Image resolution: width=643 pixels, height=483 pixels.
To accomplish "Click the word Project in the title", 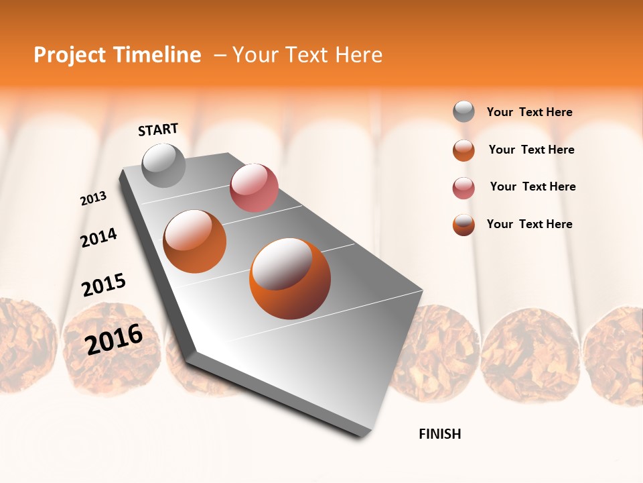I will click(70, 55).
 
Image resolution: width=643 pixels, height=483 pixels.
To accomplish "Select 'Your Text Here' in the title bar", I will click(307, 55).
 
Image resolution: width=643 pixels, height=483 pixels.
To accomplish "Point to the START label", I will click(158, 129).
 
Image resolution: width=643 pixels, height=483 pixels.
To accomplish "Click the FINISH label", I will click(440, 434).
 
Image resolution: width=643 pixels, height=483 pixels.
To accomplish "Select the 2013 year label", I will click(93, 199).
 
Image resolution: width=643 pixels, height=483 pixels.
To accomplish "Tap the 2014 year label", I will click(98, 237).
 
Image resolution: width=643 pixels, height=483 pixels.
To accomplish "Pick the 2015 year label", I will click(104, 285).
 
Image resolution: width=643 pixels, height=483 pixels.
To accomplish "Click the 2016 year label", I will click(114, 339).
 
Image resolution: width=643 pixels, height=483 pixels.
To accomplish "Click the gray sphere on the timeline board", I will click(163, 166).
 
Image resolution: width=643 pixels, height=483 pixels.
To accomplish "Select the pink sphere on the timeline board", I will click(254, 188).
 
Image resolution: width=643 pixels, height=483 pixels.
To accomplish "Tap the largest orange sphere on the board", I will click(290, 278).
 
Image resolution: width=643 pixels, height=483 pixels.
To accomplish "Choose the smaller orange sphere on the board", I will click(194, 241).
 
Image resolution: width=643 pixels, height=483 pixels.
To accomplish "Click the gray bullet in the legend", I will click(463, 111).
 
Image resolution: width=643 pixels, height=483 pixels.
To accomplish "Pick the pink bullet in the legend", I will click(463, 188).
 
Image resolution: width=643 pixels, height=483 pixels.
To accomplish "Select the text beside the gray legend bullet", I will click(529, 112).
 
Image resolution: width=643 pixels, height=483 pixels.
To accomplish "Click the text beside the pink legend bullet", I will click(532, 186).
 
